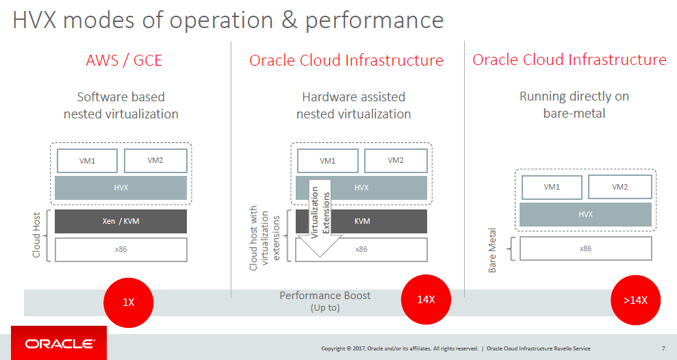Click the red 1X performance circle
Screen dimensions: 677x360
pyautogui.click(x=128, y=303)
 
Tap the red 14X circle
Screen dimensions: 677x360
pyautogui.click(x=426, y=300)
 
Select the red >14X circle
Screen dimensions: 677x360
pyautogui.click(x=635, y=300)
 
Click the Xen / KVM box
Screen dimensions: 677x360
pyautogui.click(x=121, y=221)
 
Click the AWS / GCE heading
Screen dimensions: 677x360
pyautogui.click(x=124, y=60)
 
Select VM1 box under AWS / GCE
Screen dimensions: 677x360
pyautogui.click(x=87, y=161)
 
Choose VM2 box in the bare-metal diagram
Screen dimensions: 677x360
pyautogui.click(x=620, y=187)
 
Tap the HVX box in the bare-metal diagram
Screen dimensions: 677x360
pyautogui.click(x=585, y=214)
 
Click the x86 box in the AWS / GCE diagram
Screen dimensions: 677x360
pyautogui.click(x=121, y=249)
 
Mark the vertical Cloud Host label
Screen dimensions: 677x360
pyautogui.click(x=36, y=235)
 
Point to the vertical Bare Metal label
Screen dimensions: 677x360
pyautogui.click(x=492, y=250)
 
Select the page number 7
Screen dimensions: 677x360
pyautogui.click(x=663, y=348)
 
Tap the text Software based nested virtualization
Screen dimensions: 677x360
pyautogui.click(x=121, y=105)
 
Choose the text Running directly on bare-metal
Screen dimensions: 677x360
pyautogui.click(x=574, y=105)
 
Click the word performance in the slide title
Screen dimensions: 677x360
pyautogui.click(x=374, y=21)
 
